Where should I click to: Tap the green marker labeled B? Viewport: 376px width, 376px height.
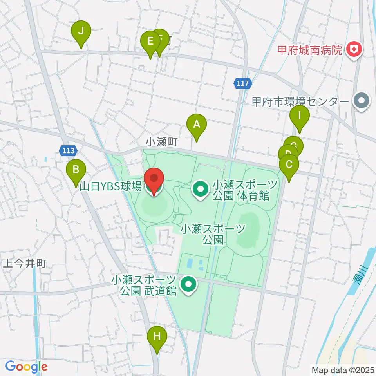click(x=76, y=170)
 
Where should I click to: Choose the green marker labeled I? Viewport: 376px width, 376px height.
click(x=300, y=116)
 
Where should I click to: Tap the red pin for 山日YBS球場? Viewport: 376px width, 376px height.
click(x=154, y=179)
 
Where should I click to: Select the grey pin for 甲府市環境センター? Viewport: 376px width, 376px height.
click(x=360, y=101)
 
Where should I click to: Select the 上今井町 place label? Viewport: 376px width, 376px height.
click(x=25, y=264)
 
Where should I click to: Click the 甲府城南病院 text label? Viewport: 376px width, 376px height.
click(x=309, y=50)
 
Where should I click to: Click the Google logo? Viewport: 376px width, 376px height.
click(x=26, y=367)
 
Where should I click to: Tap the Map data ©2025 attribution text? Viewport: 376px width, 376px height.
click(x=342, y=369)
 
